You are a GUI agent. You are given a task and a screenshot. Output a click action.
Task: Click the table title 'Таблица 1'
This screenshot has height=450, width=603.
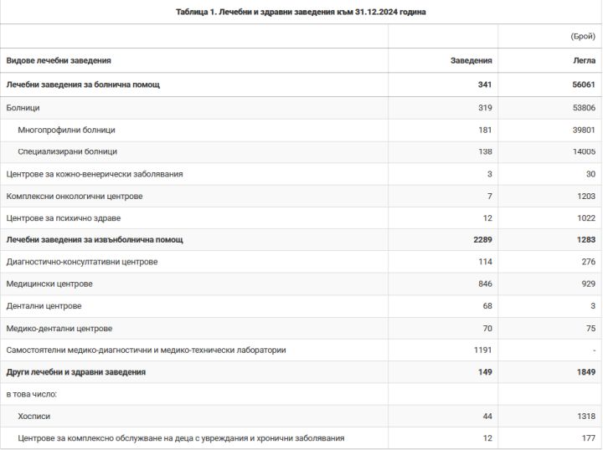coord(301,12)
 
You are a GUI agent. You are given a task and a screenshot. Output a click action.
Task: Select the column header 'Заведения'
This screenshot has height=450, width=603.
coord(472,61)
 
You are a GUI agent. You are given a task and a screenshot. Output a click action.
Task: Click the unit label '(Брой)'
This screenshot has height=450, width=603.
coord(582,37)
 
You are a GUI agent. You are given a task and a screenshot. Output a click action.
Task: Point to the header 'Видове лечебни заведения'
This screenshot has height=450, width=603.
coord(59,61)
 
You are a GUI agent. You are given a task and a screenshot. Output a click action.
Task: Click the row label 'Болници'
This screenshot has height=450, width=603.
coord(23,108)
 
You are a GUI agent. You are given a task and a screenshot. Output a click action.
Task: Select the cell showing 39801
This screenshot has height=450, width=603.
coord(581,130)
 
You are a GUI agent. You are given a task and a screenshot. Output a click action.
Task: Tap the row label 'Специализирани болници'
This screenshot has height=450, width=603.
coord(67,151)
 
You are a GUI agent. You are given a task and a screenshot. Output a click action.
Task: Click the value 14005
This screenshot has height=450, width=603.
coord(581,151)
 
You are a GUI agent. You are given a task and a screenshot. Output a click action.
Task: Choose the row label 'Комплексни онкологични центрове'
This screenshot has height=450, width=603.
coord(75,196)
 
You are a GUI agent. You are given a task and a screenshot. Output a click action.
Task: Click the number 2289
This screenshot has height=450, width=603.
coord(481,240)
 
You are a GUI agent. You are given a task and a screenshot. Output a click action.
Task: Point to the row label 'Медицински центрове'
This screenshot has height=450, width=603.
coord(49,284)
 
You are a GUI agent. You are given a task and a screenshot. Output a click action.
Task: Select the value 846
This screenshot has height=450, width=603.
coord(484,284)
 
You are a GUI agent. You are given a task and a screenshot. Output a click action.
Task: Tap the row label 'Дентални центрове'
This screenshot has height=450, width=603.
coord(44,306)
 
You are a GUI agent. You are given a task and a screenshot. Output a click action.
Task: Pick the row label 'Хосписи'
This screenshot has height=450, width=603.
coord(34,416)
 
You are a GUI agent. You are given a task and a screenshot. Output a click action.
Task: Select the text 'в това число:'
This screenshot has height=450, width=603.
coord(31,393)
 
